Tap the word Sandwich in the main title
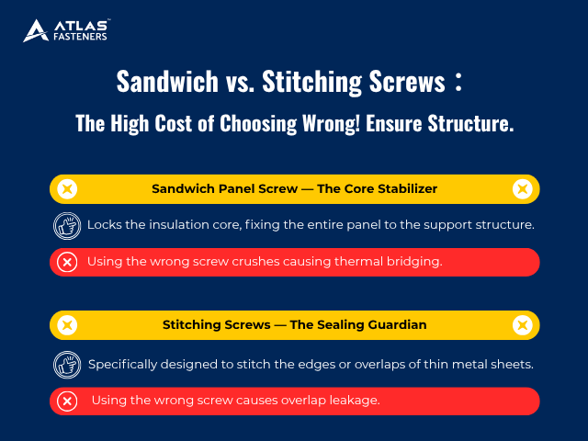164,82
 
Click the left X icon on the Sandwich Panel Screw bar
66,189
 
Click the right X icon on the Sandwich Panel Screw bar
522,189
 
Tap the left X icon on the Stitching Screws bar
66,325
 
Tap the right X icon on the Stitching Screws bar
522,325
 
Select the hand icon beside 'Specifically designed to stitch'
67,364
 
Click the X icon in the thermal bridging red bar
67,262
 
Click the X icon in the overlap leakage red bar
67,401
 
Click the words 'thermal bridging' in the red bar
391,262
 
